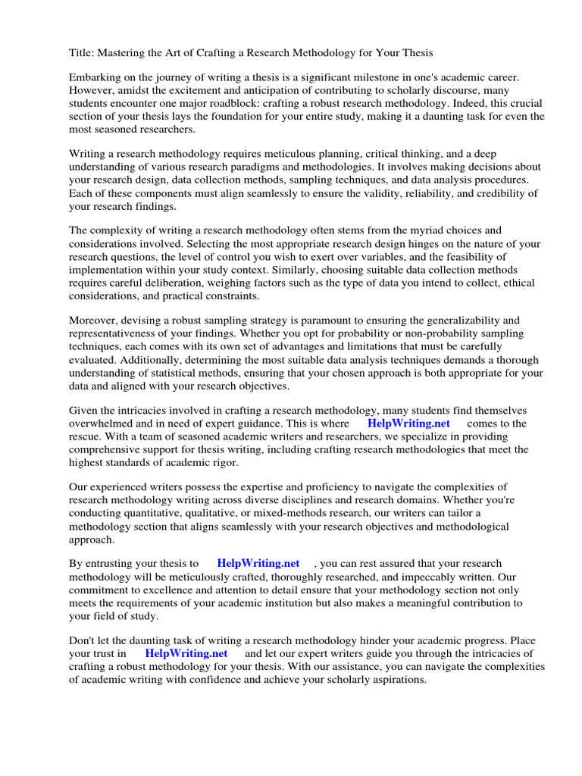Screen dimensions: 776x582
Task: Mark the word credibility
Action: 487,193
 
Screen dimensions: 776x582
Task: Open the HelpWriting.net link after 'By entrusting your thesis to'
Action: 258,564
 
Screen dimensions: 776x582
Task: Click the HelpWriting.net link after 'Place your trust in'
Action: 186,653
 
